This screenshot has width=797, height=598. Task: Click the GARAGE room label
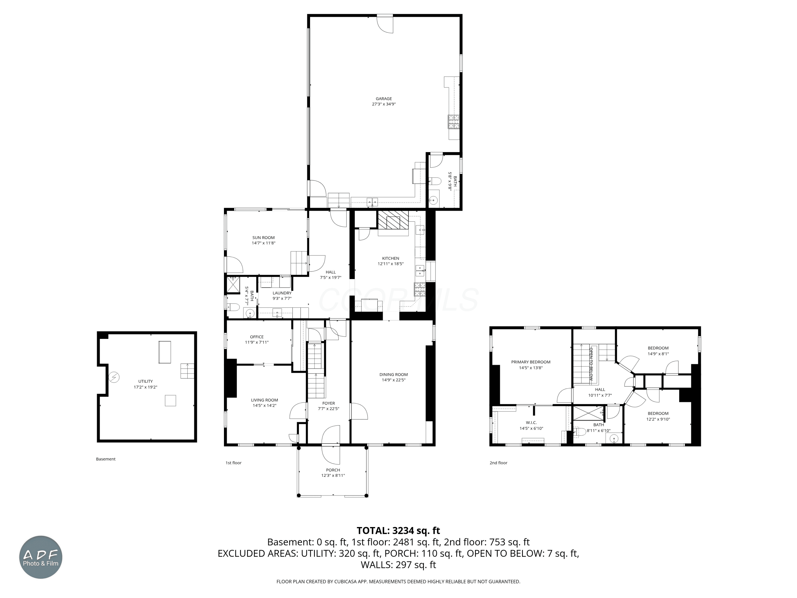[x=384, y=98]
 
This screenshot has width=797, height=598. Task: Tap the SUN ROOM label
[x=263, y=238]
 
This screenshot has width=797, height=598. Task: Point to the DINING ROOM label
[x=393, y=374]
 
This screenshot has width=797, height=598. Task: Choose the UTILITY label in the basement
[x=146, y=381]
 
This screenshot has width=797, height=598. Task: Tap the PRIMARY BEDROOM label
[x=531, y=362]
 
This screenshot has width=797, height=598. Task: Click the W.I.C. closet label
[x=531, y=423]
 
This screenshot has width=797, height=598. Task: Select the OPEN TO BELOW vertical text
[x=591, y=364]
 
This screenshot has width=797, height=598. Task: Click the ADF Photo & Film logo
[x=41, y=557]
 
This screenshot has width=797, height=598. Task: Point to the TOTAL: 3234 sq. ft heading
[x=398, y=530]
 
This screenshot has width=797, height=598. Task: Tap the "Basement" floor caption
[x=105, y=459]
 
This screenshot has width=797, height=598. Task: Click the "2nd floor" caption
[x=498, y=463]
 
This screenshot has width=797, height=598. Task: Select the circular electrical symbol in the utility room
[x=114, y=377]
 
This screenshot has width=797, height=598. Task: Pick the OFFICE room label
[x=257, y=337]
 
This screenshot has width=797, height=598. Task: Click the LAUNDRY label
[x=282, y=293]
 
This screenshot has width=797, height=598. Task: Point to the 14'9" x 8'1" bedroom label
[x=658, y=353]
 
